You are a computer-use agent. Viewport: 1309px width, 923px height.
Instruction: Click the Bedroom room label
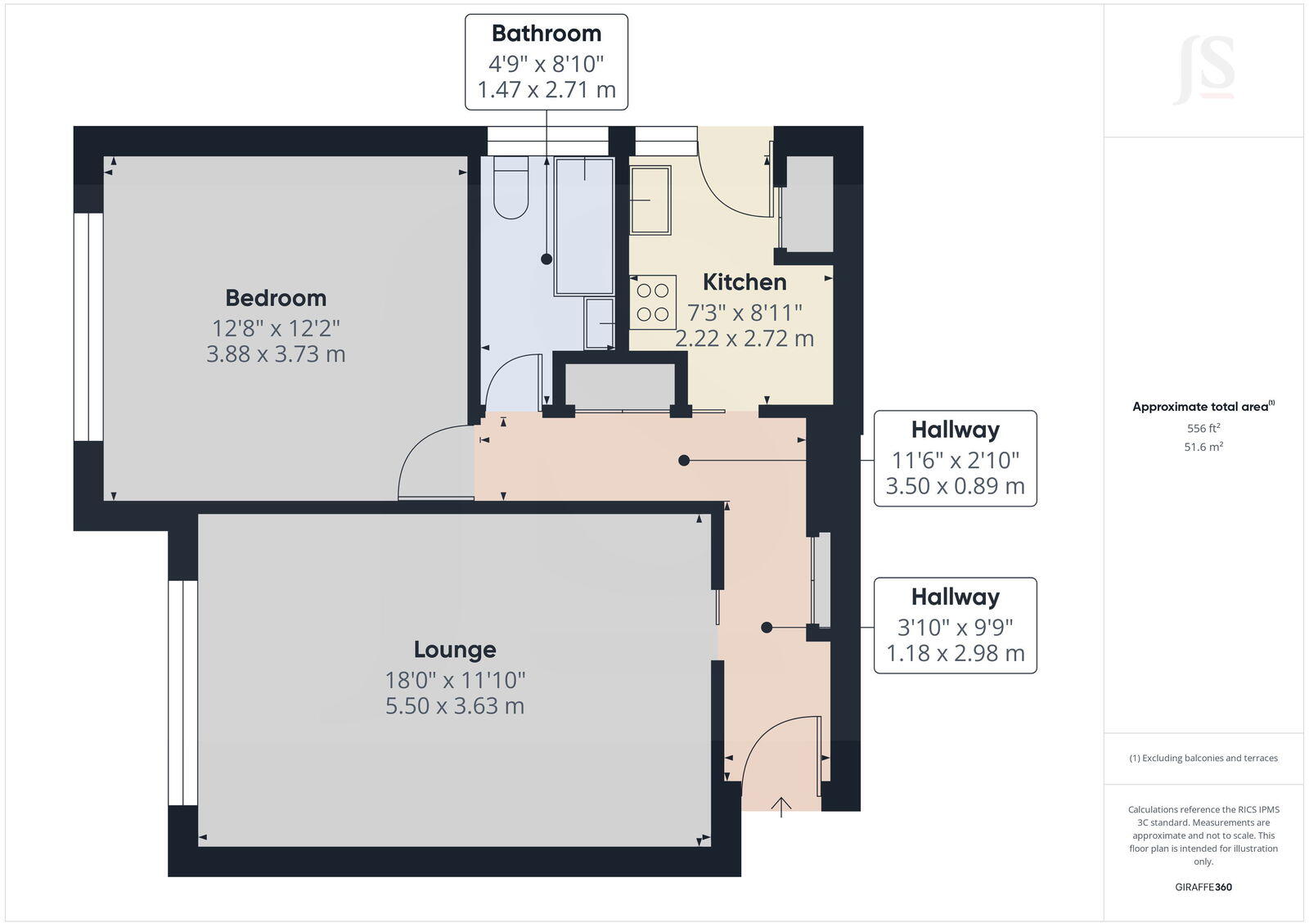coord(276,298)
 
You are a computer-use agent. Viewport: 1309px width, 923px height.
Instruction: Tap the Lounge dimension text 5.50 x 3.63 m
coord(455,705)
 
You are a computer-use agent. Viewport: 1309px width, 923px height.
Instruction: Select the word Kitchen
coord(744,282)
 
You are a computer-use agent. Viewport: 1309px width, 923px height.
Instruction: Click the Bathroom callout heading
coord(547,34)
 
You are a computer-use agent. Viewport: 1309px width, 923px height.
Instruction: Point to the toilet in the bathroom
coord(511,189)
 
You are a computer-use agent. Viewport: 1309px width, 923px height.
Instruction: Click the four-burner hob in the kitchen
coord(653,302)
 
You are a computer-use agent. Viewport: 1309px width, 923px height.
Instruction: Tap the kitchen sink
coord(650,200)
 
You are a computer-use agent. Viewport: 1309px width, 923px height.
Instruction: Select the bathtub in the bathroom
coord(584,226)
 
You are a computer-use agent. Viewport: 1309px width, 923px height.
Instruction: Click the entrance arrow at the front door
coord(782,806)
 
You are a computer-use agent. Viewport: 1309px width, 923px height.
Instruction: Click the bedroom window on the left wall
coord(88,327)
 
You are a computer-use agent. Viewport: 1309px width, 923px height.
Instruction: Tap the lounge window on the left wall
coord(183,693)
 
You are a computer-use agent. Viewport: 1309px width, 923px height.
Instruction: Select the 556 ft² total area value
coord(1203,428)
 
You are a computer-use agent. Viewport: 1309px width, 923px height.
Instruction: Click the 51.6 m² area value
coord(1203,447)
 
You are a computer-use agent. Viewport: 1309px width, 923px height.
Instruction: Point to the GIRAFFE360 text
coord(1203,887)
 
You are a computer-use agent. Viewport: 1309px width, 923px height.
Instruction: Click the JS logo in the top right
coord(1205,70)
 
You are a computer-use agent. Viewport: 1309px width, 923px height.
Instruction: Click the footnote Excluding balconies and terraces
coord(1203,758)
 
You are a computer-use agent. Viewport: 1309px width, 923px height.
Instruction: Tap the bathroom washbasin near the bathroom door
coord(600,322)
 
